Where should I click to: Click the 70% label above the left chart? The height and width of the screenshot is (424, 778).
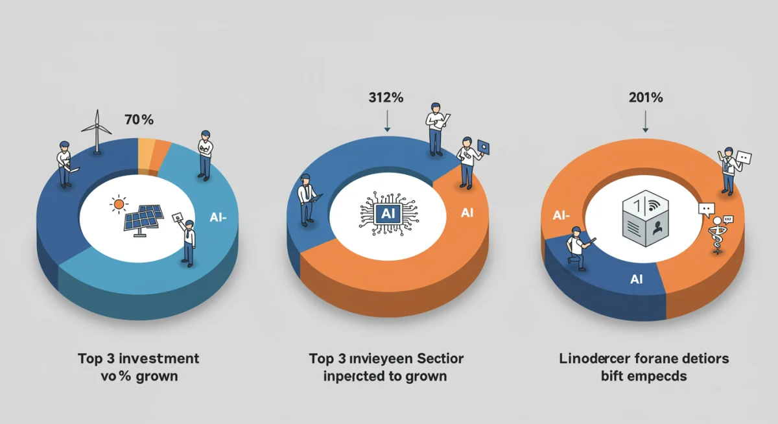[x=139, y=120]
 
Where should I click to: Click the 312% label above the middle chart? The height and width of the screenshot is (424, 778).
[x=386, y=98]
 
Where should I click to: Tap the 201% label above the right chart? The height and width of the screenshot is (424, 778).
[x=645, y=98]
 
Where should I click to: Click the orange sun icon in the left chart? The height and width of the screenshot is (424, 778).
[x=118, y=205]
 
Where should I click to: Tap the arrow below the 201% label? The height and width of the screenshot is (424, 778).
[x=646, y=121]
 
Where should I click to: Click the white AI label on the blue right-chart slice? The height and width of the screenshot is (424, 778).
[x=637, y=279]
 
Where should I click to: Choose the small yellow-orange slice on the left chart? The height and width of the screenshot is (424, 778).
[x=147, y=150]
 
